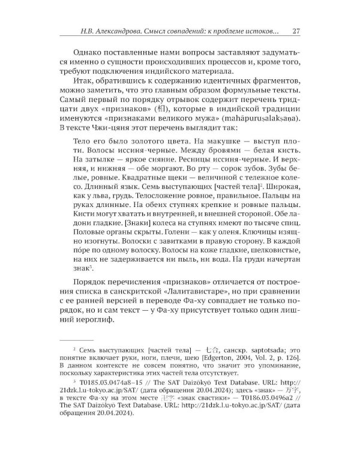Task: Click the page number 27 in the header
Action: tap(287, 31)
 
